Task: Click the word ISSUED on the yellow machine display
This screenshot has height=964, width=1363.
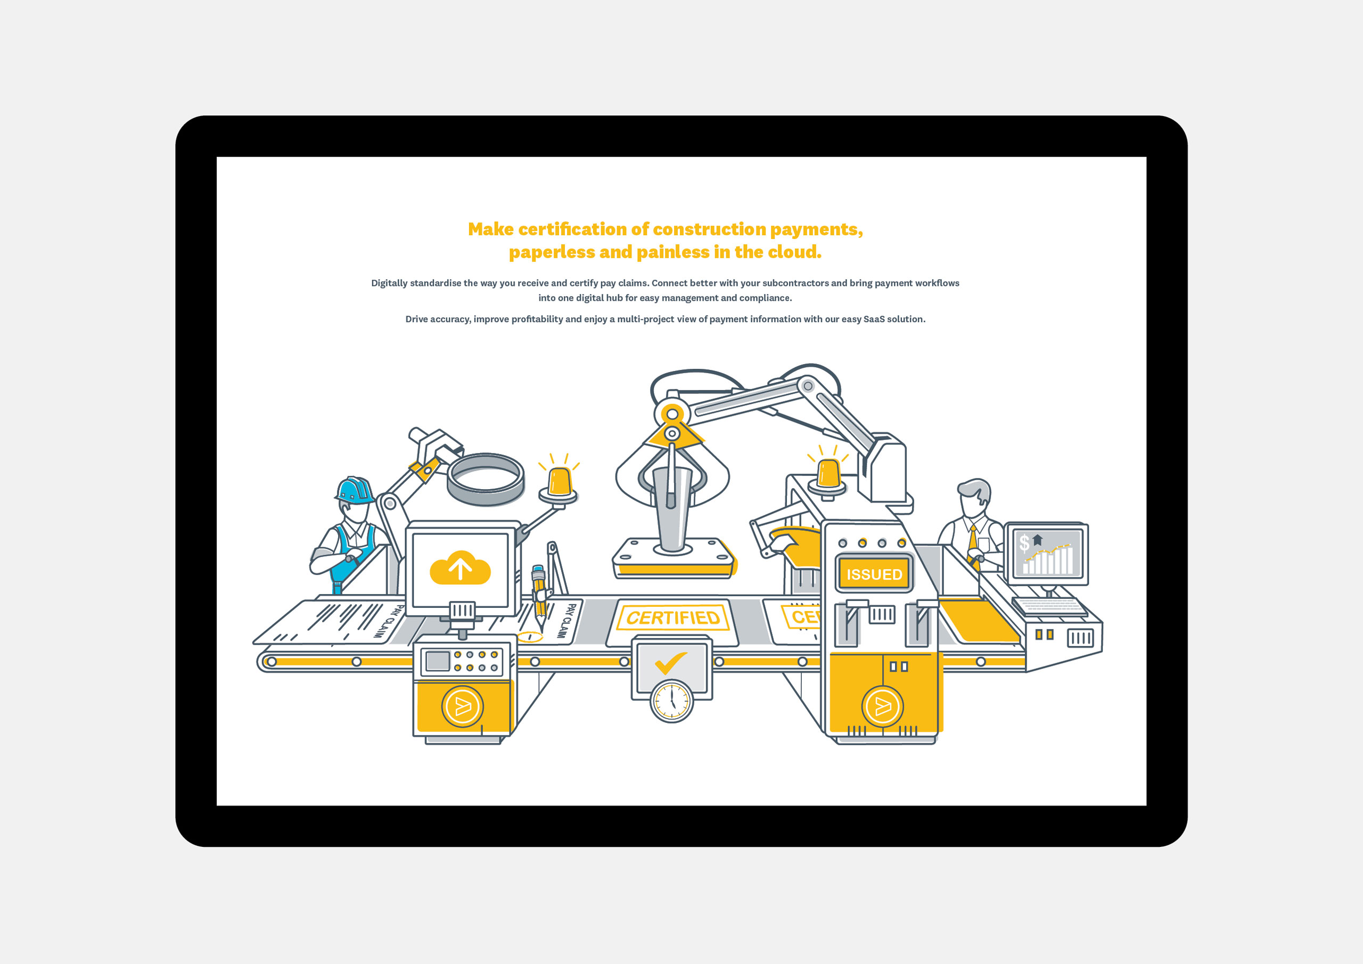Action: tap(874, 574)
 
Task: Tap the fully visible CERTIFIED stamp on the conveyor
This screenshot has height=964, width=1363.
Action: tap(672, 618)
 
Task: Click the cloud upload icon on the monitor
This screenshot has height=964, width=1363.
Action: tap(459, 567)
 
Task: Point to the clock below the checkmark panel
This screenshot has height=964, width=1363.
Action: tap(671, 701)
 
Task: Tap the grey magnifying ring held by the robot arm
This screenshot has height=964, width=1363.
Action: tap(485, 480)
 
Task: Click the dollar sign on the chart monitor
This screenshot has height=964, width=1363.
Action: tap(1024, 542)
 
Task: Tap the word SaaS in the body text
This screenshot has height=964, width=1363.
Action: tap(874, 319)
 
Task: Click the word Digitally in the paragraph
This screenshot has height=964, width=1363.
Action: tap(389, 284)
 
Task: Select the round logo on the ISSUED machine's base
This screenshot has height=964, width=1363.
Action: tap(882, 706)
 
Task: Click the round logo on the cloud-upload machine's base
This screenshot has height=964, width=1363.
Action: tap(463, 706)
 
